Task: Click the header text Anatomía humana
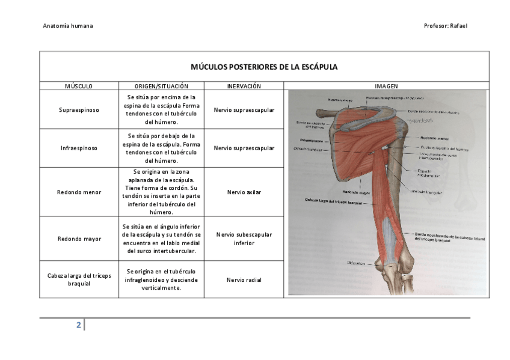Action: tap(68, 26)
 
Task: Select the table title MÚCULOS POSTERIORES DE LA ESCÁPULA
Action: tap(264, 67)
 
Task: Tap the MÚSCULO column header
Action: tap(79, 87)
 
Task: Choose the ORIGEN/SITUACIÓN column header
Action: tap(161, 87)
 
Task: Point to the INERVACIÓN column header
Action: tap(244, 87)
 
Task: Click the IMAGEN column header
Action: tap(386, 87)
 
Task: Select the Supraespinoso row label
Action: tap(79, 110)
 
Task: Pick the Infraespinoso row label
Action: tap(79, 148)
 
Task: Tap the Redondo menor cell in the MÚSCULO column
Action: tap(79, 192)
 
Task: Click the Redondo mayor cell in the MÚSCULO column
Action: tap(79, 239)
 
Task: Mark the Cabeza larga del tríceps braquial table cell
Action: tap(79, 279)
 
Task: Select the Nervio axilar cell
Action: tap(244, 192)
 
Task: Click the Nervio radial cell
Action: tap(244, 279)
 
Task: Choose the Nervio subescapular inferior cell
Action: tap(244, 239)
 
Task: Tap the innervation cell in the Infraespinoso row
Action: tap(244, 148)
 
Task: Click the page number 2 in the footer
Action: tap(78, 325)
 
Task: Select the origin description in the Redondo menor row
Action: tap(161, 192)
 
